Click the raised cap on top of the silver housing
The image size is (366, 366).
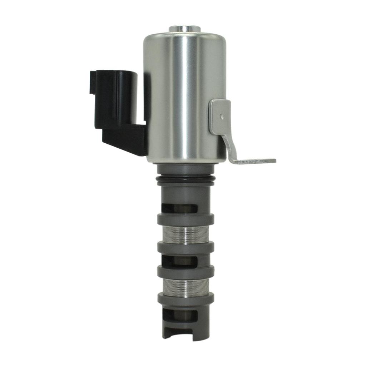coord(185,28)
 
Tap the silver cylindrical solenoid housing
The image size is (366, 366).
coord(184,97)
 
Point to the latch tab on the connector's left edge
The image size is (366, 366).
coord(93,82)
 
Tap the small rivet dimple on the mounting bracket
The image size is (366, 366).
coord(222,116)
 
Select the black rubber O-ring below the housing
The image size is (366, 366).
coord(186,179)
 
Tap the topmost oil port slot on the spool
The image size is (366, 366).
coord(179,208)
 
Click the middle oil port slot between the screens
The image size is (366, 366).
coord(179,261)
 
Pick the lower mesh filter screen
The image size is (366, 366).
coord(186,285)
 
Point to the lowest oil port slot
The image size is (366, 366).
coord(179,315)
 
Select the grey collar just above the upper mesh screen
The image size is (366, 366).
coord(186,219)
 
